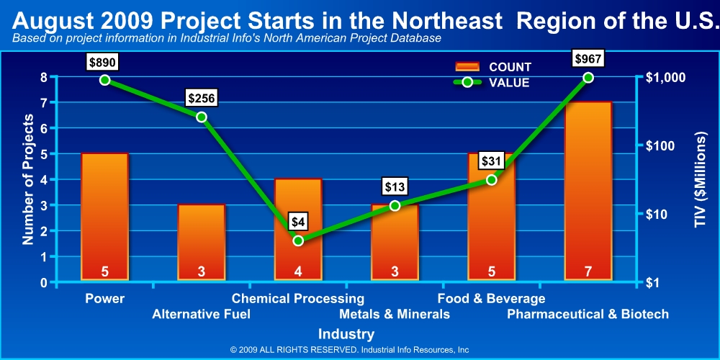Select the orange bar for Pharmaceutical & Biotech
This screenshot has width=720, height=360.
pos(588,190)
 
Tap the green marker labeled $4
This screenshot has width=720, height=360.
pos(298,240)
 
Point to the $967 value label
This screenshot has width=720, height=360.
pos(588,59)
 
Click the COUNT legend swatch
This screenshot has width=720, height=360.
pos(467,67)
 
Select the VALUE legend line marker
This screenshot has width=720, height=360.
pos(467,82)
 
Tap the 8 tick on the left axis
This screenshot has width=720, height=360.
pos(44,77)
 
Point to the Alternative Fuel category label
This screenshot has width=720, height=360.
pos(201,315)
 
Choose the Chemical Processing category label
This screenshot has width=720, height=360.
pos(298,299)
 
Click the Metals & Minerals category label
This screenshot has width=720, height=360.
pos(395,315)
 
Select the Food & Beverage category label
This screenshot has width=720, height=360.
pos(491,299)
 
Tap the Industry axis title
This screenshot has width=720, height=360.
pos(346,333)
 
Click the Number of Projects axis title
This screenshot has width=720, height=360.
pos(29,179)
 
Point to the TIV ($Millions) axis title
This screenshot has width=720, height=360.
pos(701,179)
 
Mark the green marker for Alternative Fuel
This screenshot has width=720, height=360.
pos(201,117)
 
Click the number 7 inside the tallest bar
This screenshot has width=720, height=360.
pos(588,272)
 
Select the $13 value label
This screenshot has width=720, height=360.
pos(395,187)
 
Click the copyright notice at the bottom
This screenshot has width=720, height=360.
pos(349,349)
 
